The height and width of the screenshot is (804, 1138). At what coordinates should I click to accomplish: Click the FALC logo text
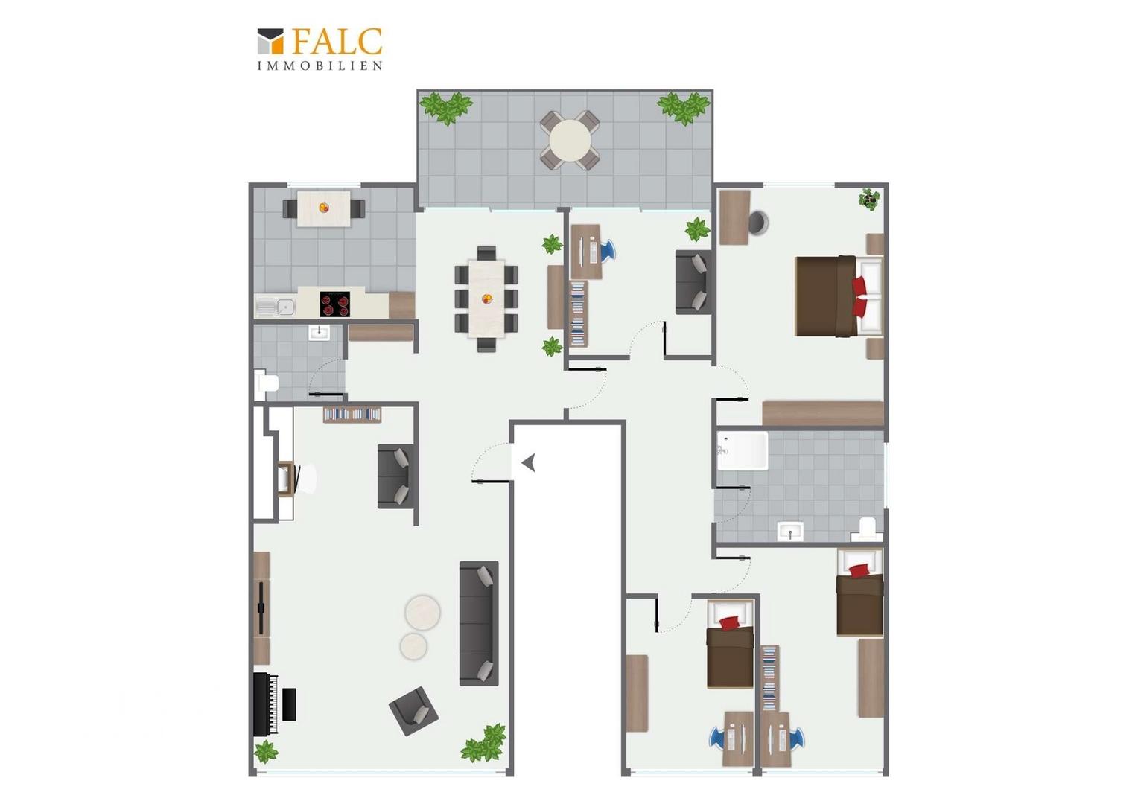coord(337,42)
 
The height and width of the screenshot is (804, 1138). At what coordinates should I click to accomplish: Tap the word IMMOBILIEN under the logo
coord(320,66)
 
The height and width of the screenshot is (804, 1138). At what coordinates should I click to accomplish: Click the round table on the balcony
coord(570,140)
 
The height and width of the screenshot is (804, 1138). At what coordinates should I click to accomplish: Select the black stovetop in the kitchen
coord(335,304)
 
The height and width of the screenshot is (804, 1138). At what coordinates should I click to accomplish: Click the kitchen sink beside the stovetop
coord(275,307)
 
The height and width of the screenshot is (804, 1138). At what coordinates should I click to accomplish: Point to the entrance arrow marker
coord(528,463)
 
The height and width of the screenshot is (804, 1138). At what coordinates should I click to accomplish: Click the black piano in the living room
coord(266,703)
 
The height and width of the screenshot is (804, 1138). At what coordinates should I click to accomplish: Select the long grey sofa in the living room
coord(479,623)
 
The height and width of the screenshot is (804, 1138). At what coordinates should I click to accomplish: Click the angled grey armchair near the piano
coord(413,711)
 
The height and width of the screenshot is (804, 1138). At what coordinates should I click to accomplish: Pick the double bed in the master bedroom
coord(839,296)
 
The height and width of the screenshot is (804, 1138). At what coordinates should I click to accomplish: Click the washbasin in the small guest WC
coord(319,333)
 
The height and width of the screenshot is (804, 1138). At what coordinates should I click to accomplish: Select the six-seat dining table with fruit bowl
coord(486,299)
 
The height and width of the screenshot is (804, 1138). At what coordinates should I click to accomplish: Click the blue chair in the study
coord(607,250)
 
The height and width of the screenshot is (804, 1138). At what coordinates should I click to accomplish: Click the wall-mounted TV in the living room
coord(261,607)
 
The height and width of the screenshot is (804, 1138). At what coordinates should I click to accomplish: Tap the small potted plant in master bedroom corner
coord(870,199)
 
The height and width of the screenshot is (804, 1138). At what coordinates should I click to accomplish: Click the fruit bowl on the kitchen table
coord(324,207)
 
